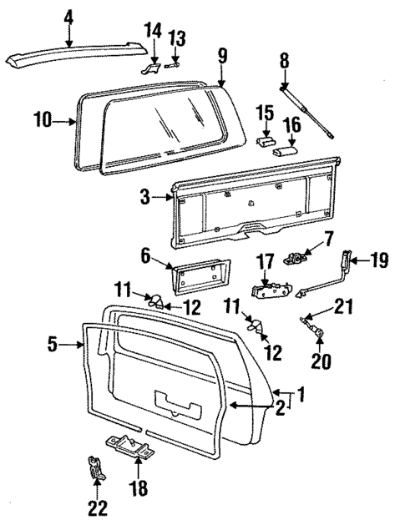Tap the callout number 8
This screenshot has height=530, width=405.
pyautogui.click(x=285, y=61)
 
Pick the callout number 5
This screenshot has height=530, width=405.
pyautogui.click(x=53, y=344)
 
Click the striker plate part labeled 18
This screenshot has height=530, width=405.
pyautogui.click(x=129, y=448)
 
